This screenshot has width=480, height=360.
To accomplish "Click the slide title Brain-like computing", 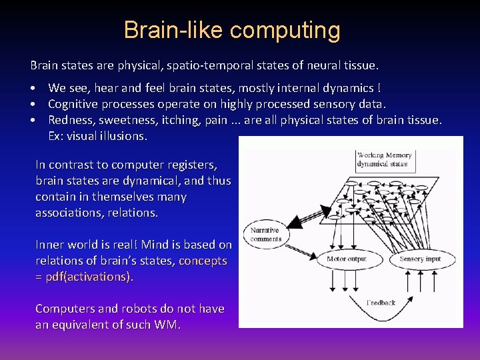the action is tap(232, 31).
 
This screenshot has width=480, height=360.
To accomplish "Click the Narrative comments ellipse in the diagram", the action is tap(266, 235).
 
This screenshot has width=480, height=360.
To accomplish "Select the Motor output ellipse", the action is tap(347, 259).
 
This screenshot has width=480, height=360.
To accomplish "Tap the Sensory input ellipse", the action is tap(420, 259).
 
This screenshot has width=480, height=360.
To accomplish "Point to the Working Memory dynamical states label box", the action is tap(385, 160).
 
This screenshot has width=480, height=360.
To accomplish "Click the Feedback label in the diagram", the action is tap(381, 303).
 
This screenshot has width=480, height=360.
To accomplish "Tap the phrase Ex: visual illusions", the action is tap(97, 136).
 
